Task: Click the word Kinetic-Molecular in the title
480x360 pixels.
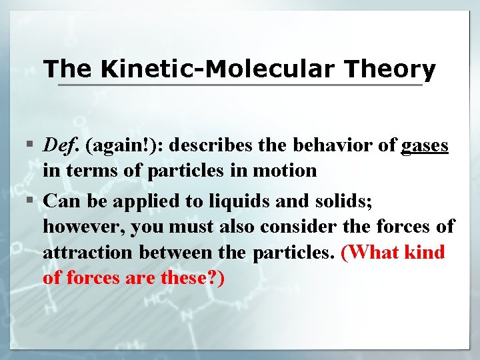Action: tap(226, 68)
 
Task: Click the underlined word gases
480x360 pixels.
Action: tap(425, 145)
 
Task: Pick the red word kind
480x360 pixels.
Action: tap(426, 253)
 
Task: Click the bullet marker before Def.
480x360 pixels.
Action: tap(31, 145)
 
